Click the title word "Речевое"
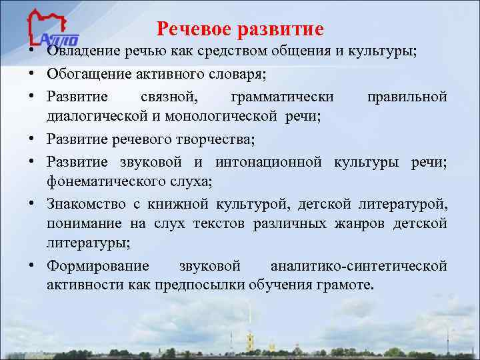tap(193, 29)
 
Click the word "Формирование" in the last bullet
tap(98, 266)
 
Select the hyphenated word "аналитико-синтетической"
tap(358, 266)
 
